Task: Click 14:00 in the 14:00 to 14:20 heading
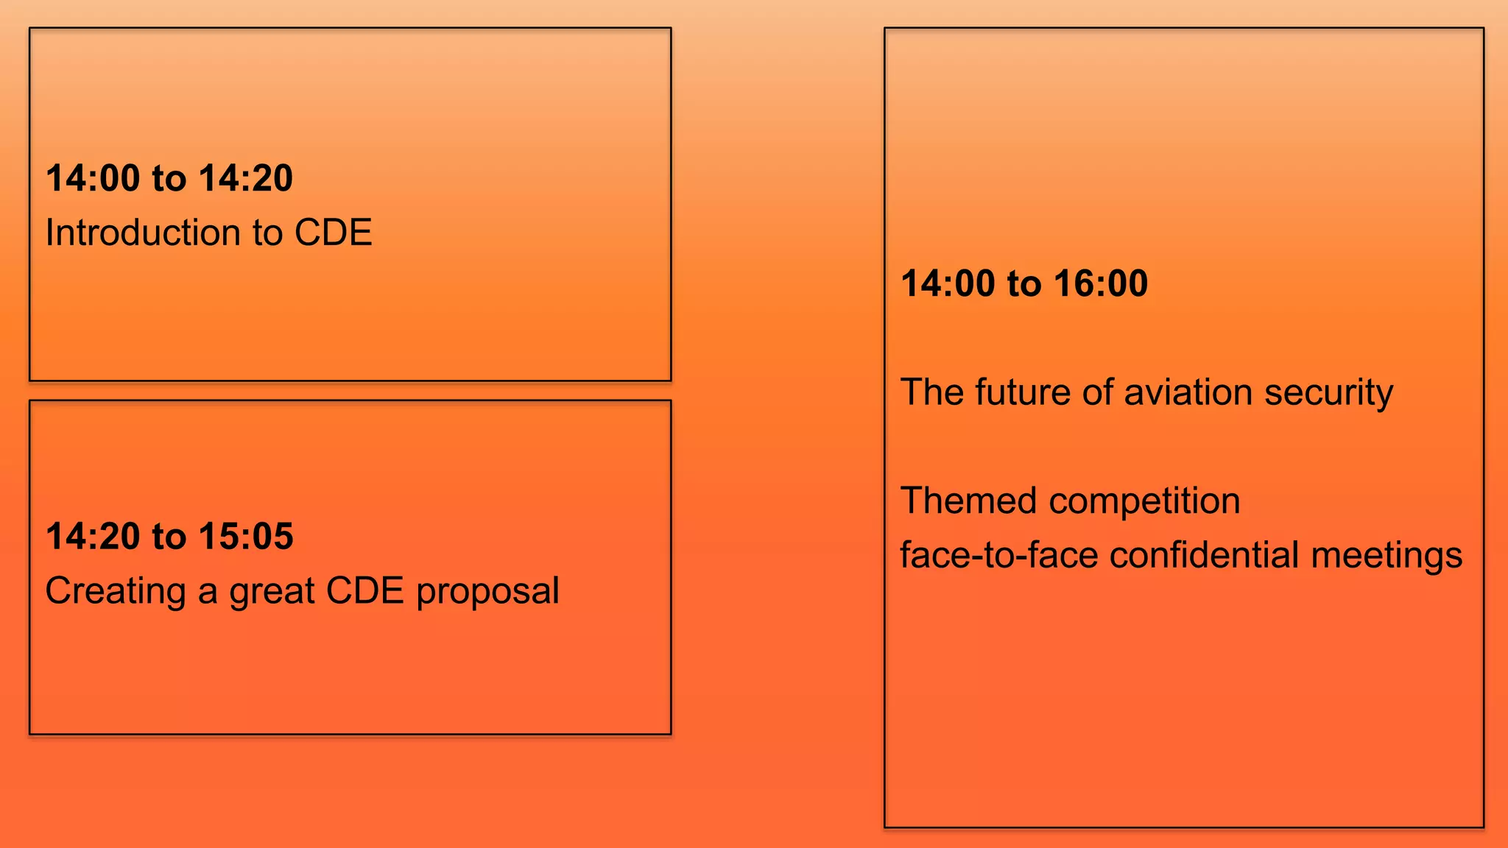(x=93, y=178)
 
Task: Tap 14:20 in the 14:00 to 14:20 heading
(x=246, y=178)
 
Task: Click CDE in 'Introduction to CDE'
(x=333, y=233)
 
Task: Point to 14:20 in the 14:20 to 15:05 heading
(x=93, y=536)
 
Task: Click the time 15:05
(x=246, y=536)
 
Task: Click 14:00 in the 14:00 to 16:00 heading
(x=948, y=283)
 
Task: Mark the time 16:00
(x=1101, y=283)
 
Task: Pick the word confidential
(x=1204, y=555)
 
